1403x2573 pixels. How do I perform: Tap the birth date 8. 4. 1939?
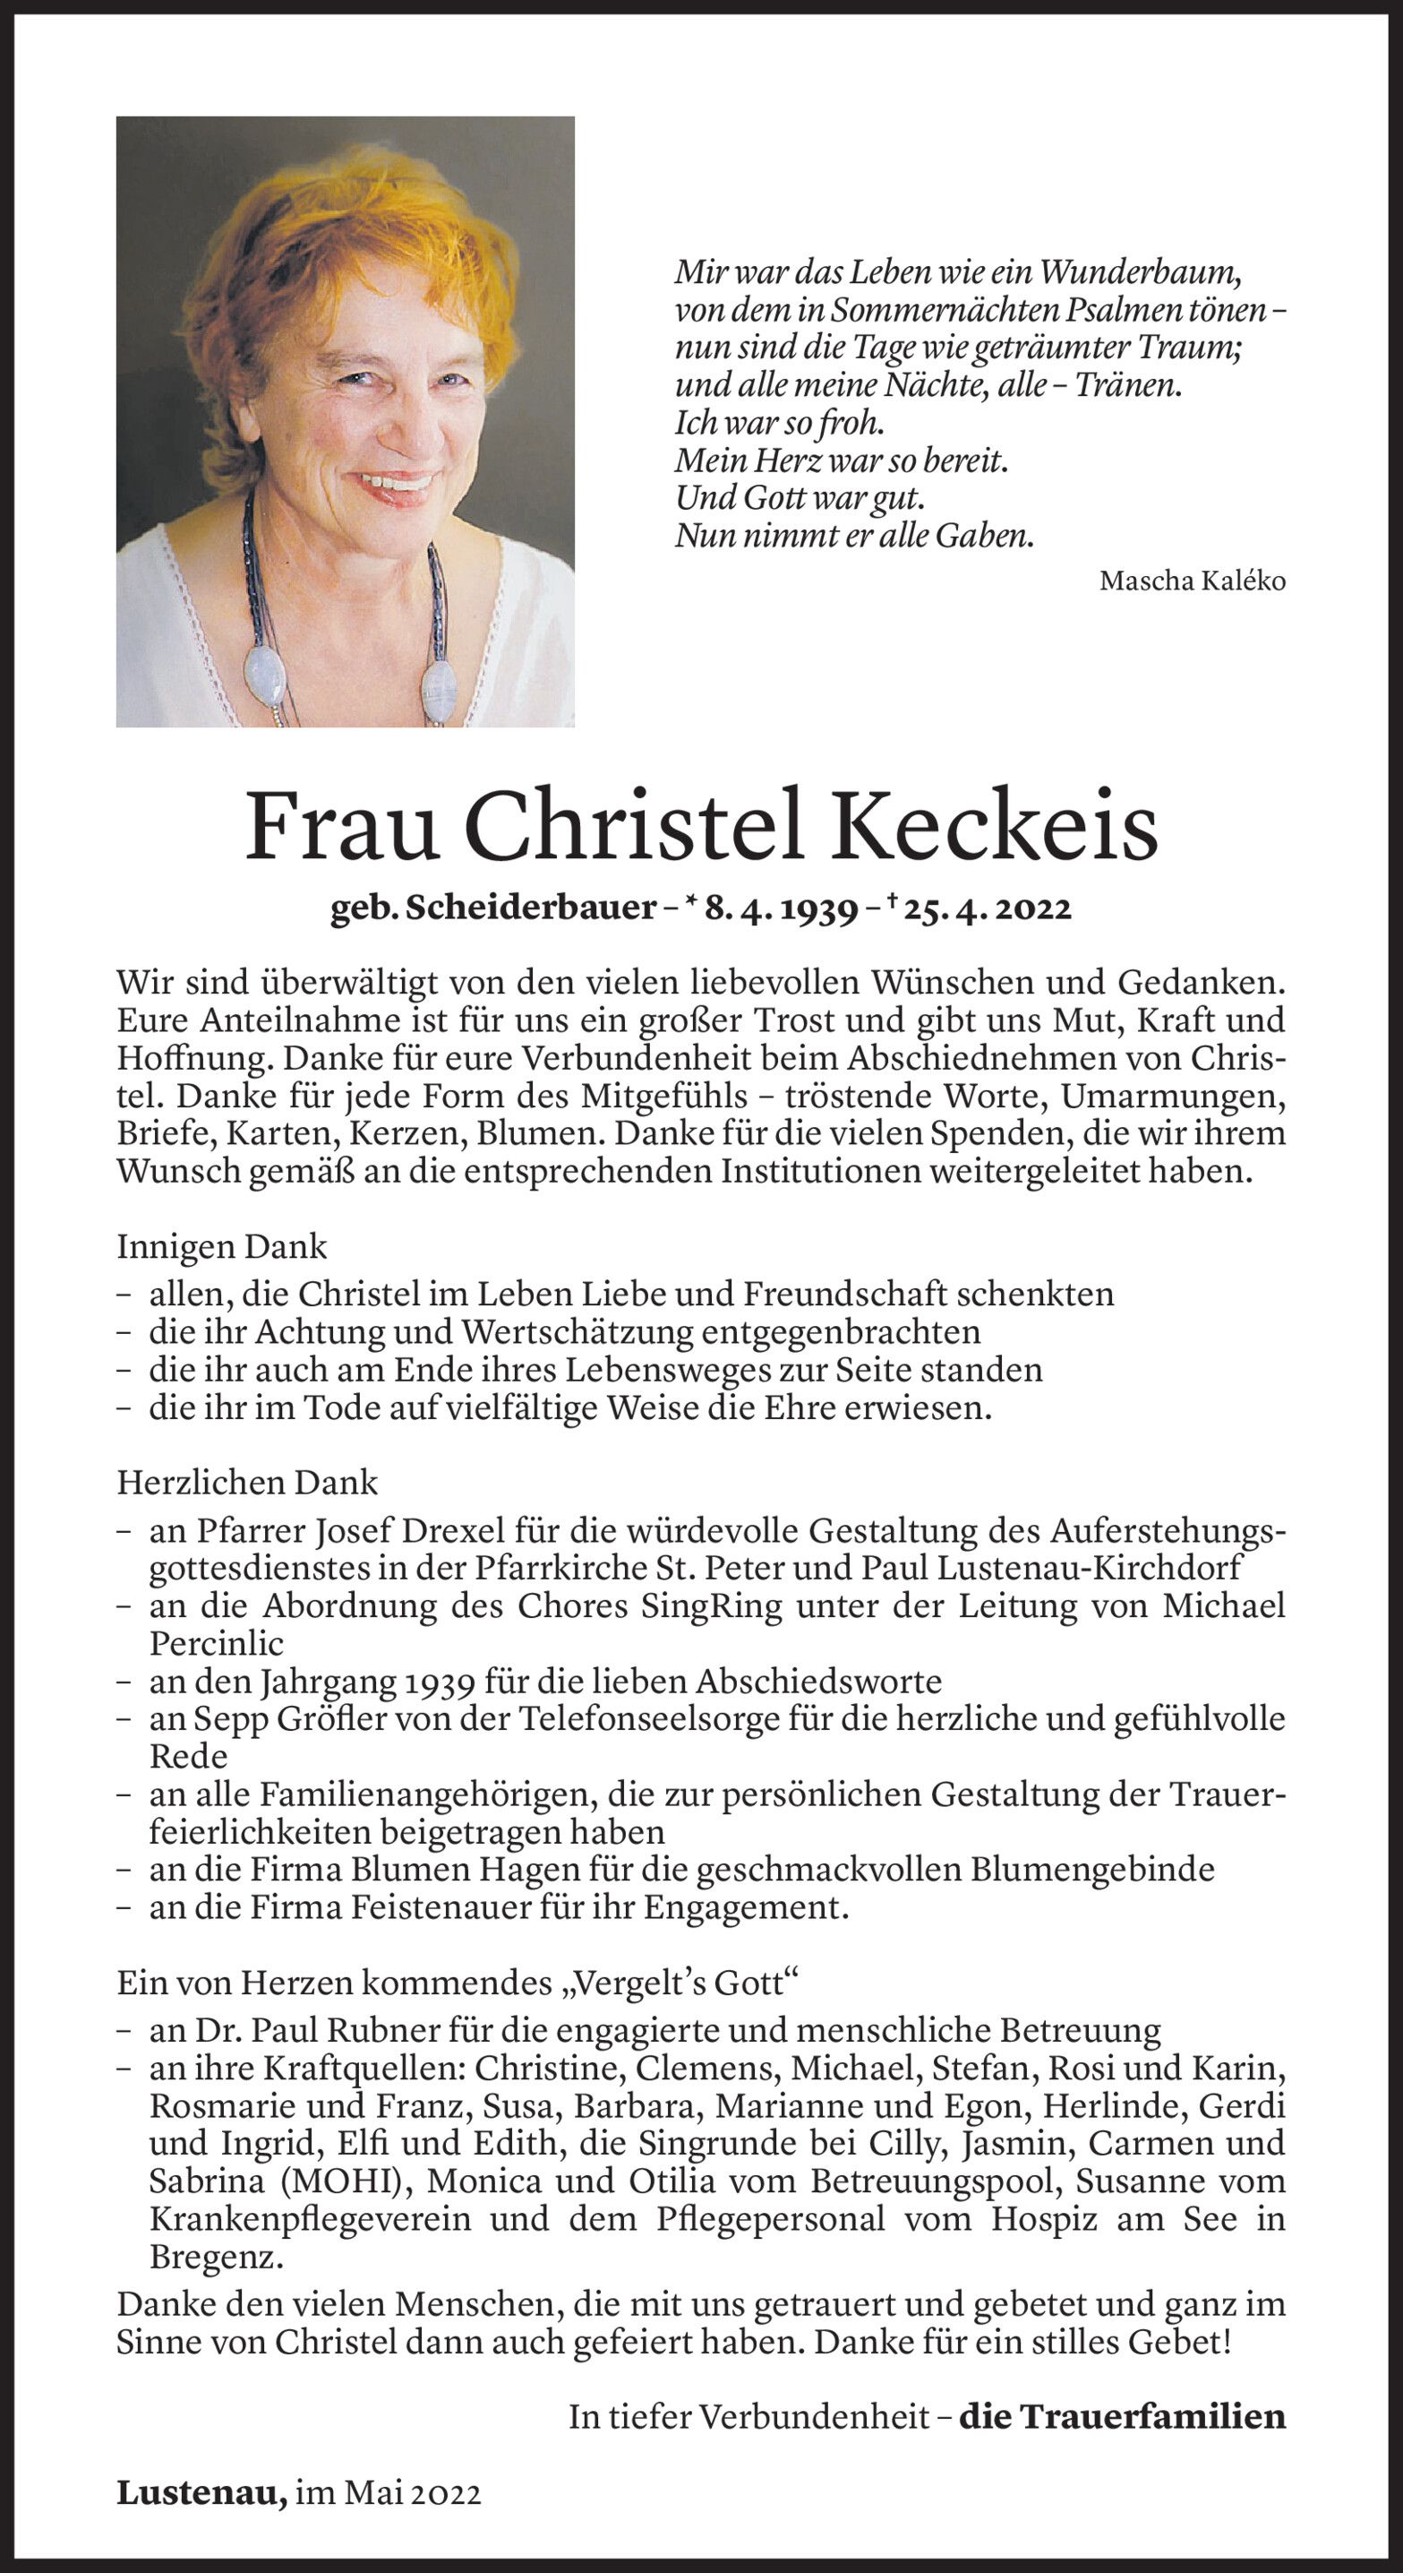781,909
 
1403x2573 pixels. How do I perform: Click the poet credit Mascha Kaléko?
1192,581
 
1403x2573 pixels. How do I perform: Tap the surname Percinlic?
216,1643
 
